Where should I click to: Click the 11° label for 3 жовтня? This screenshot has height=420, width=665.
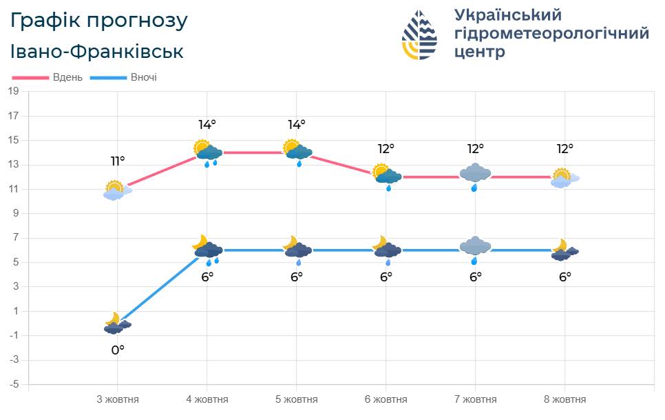[118, 161]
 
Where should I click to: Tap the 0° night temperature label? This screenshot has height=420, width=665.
[118, 350]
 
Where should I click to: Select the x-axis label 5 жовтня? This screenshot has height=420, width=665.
[297, 399]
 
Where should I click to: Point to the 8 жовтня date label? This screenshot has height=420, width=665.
[565, 399]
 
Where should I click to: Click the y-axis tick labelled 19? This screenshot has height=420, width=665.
[14, 91]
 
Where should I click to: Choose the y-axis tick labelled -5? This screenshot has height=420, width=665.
[14, 384]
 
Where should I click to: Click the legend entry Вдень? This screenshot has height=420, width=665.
[67, 77]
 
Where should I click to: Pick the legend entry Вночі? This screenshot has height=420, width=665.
[144, 77]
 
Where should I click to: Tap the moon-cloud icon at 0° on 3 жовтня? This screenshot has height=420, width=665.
[117, 323]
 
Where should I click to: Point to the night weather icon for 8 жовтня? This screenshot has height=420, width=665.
[565, 250]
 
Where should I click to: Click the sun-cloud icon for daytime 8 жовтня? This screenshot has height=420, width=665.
[564, 178]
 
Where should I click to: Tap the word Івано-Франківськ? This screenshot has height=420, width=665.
[97, 52]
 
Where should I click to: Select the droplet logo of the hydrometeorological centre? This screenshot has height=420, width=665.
[419, 34]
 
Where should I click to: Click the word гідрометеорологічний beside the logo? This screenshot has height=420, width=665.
[551, 34]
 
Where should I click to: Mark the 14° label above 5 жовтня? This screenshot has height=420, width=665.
[297, 125]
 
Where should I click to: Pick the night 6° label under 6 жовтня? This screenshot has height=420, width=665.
[386, 277]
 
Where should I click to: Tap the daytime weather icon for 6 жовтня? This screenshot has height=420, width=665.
[387, 175]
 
